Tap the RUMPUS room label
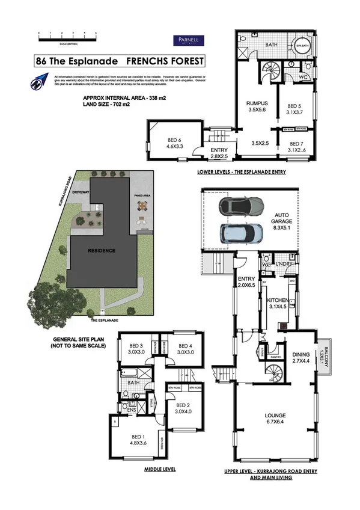point(257,106)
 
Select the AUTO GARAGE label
point(282,218)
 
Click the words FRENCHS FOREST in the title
point(164,61)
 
